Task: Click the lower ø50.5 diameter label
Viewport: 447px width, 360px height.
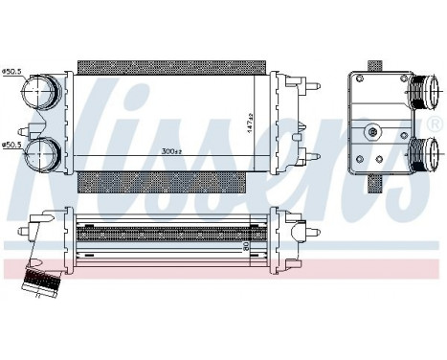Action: coord(13,145)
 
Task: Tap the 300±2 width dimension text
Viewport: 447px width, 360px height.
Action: coord(172,151)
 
